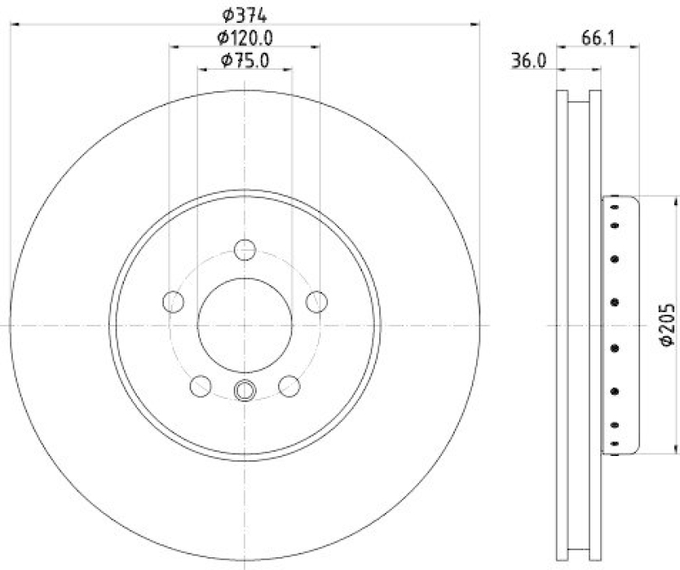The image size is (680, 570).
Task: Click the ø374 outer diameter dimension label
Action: [245, 14]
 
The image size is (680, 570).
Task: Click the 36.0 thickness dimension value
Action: [528, 61]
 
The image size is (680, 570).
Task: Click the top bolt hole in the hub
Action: [245, 250]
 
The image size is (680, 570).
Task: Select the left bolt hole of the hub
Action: [173, 301]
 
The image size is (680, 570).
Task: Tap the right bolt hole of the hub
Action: [316, 301]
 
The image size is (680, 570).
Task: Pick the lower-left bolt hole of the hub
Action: [201, 385]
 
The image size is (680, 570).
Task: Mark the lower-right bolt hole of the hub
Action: [289, 385]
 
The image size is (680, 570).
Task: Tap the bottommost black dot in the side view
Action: [614, 441]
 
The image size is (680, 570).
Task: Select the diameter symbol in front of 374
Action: [228, 14]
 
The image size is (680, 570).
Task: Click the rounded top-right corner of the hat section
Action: [634, 201]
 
